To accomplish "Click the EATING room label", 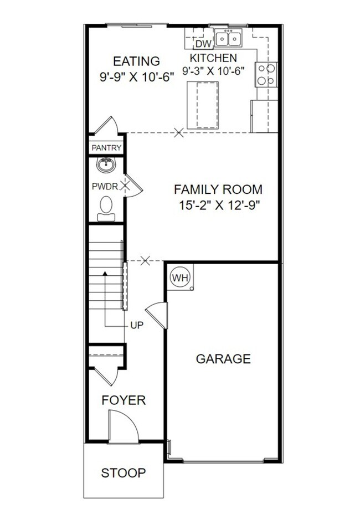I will click(136, 61).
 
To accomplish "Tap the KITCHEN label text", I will click(213, 58).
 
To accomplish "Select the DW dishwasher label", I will click(204, 44).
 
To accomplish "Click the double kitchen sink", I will click(228, 38).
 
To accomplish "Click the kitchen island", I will click(203, 105).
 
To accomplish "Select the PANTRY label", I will click(106, 148).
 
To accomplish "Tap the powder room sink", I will click(105, 164).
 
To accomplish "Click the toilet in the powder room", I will click(105, 208).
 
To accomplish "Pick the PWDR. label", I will click(105, 187).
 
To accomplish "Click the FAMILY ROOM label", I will click(218, 189).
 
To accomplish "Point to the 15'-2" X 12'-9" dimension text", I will click(218, 205).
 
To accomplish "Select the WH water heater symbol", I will click(179, 276).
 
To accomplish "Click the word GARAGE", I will click(223, 359).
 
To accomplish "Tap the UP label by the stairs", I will click(137, 326).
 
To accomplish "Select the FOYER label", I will click(124, 400).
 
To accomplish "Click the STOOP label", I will click(124, 473).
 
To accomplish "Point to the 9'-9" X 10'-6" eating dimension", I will click(137, 77).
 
